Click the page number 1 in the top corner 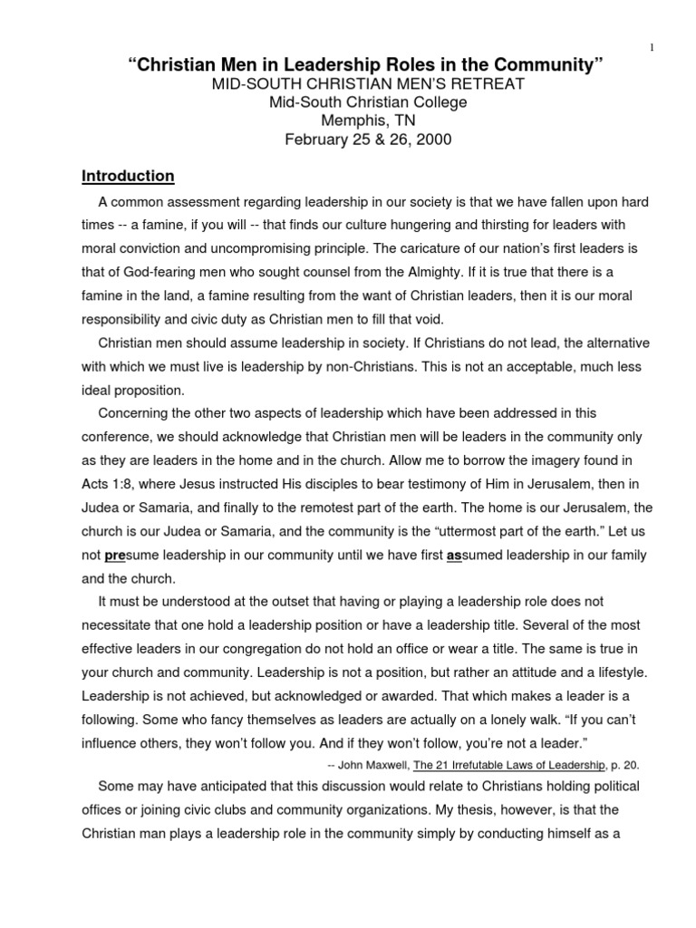652,48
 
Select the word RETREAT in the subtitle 478,84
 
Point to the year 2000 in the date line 432,140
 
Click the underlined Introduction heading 128,176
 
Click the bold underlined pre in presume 114,555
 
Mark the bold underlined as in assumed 455,555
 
